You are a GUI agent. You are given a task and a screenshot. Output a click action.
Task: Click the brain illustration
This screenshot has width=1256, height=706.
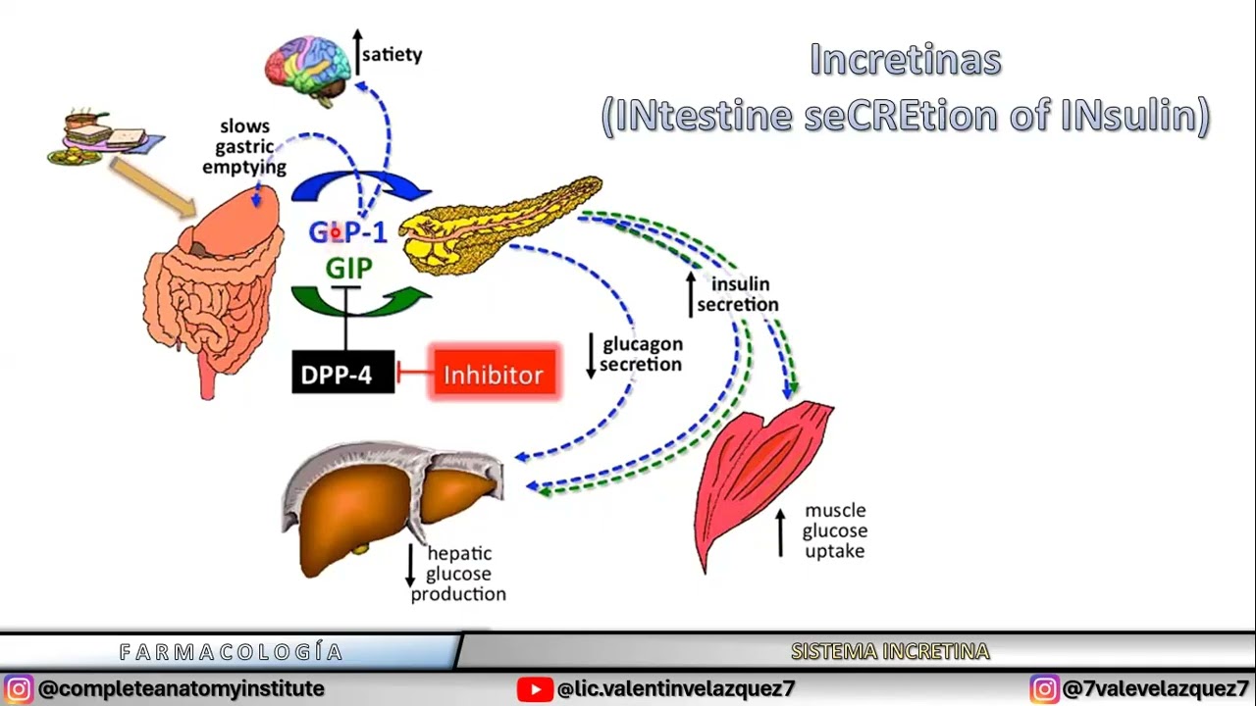[x=308, y=66]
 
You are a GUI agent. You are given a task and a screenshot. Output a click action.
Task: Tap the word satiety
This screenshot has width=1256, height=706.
[x=392, y=54]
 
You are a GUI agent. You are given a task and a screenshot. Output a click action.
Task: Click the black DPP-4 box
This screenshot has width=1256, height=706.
[x=343, y=373]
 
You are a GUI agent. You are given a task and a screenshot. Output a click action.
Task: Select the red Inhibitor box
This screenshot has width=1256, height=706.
[x=494, y=374]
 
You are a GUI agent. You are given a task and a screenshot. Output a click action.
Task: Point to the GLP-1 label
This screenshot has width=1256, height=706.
[x=348, y=232]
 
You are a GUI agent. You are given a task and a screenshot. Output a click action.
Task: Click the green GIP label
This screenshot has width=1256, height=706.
[x=349, y=268]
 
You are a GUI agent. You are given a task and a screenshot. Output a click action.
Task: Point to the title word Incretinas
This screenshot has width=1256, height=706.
[x=906, y=60]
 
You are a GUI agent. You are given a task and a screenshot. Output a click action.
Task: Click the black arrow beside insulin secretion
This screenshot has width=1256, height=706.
[x=691, y=293]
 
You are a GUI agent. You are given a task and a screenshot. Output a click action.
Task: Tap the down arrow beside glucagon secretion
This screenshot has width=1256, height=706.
[x=591, y=355]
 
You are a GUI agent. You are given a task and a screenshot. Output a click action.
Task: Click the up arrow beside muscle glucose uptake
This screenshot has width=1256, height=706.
[x=781, y=532]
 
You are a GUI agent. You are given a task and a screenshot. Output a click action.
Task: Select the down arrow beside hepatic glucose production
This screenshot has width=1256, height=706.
[x=412, y=566]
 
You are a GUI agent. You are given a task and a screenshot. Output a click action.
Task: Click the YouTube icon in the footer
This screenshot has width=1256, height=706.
[x=535, y=689]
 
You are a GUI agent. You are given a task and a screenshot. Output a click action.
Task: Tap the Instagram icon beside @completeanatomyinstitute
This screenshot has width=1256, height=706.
[x=18, y=689]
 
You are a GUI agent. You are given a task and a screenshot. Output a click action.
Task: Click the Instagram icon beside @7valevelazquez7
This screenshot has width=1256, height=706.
[x=1044, y=689]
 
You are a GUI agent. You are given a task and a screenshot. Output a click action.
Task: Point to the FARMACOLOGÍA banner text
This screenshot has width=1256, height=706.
[x=232, y=652]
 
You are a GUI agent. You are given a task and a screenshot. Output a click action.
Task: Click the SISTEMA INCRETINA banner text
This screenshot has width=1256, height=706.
[x=890, y=651]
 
